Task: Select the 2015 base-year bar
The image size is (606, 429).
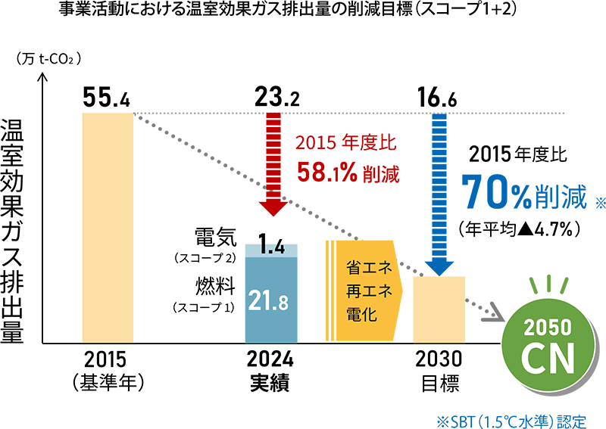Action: pyautogui.click(x=108, y=227)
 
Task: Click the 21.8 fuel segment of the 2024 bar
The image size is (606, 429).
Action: pyautogui.click(x=270, y=300)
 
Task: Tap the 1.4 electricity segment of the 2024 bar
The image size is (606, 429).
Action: pyautogui.click(x=270, y=250)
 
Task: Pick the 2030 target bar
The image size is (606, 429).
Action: pyautogui.click(x=439, y=310)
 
